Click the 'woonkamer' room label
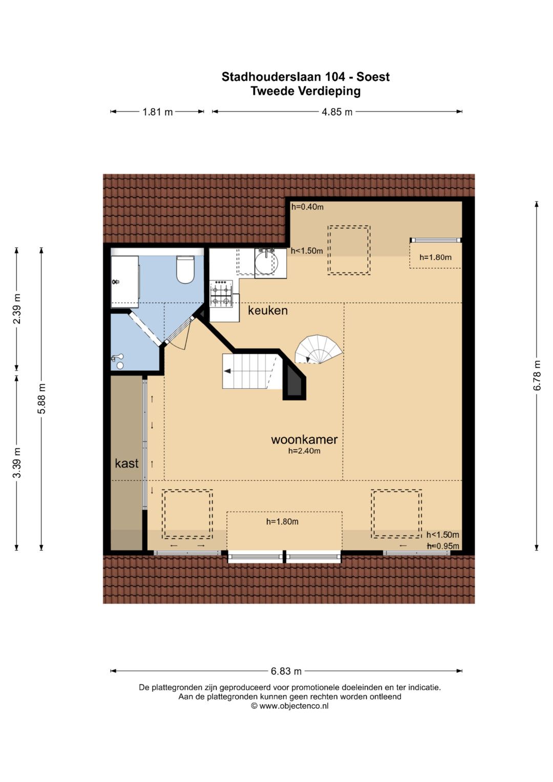tap(304, 439)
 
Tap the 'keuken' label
tap(268, 310)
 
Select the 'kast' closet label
tap(127, 463)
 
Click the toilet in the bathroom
tap(185, 269)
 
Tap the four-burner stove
tap(221, 294)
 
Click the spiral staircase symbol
tap(318, 349)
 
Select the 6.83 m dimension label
tap(286, 671)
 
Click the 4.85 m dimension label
tap(337, 112)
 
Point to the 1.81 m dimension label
tap(158, 112)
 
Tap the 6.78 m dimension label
tap(537, 376)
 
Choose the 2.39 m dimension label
tap(17, 309)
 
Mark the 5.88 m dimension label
tap(41, 398)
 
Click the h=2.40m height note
tap(304, 451)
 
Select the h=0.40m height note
tap(308, 207)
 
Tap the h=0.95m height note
tap(443, 546)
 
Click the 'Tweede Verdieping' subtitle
tap(306, 91)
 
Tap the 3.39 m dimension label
tap(17, 462)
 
